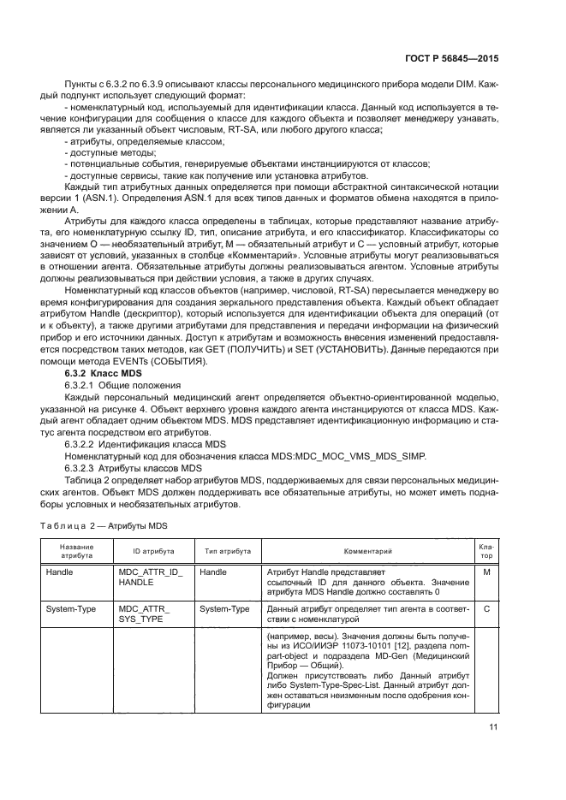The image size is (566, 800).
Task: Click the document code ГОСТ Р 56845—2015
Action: (456, 61)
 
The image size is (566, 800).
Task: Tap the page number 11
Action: (493, 727)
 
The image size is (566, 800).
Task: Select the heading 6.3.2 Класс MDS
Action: (98, 375)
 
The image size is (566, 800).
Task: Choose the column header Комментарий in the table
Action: (367, 552)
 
